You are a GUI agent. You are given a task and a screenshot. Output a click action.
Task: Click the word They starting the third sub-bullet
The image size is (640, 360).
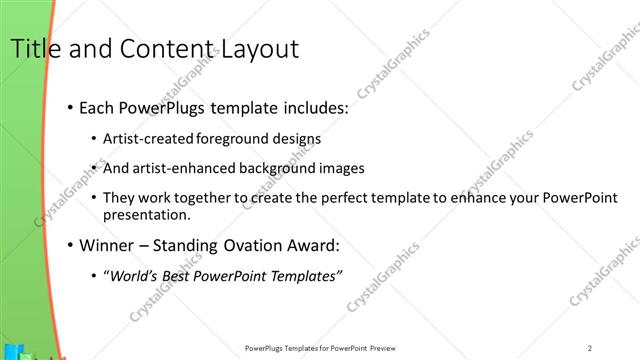click(120, 198)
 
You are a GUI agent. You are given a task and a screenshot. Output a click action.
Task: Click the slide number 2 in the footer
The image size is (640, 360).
click(591, 348)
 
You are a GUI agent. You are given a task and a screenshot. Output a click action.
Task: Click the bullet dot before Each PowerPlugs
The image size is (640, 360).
click(69, 107)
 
